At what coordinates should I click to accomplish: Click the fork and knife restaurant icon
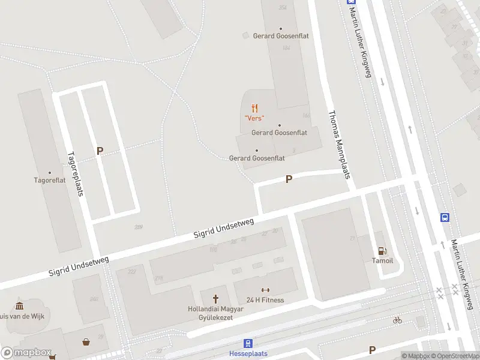(x=255, y=108)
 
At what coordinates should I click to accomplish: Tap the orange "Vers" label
(x=254, y=118)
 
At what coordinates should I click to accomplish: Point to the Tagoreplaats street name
(x=74, y=173)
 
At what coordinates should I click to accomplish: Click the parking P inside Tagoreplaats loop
(x=100, y=151)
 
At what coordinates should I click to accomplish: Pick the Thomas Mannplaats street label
(x=338, y=144)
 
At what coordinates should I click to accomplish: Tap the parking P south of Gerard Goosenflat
(x=289, y=179)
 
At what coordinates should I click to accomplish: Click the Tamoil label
(x=382, y=260)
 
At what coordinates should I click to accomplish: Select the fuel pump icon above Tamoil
(x=382, y=250)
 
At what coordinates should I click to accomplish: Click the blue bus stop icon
(x=445, y=217)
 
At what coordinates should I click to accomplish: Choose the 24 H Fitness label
(x=265, y=300)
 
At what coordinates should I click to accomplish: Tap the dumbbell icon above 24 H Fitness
(x=265, y=290)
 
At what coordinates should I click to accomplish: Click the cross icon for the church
(x=215, y=299)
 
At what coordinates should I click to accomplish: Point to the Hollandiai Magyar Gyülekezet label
(x=215, y=313)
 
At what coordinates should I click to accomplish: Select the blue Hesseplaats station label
(x=248, y=353)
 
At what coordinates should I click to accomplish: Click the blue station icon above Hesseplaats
(x=248, y=344)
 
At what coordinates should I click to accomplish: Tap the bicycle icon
(x=397, y=320)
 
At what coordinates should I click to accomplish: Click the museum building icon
(x=19, y=306)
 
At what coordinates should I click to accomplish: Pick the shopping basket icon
(x=87, y=342)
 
